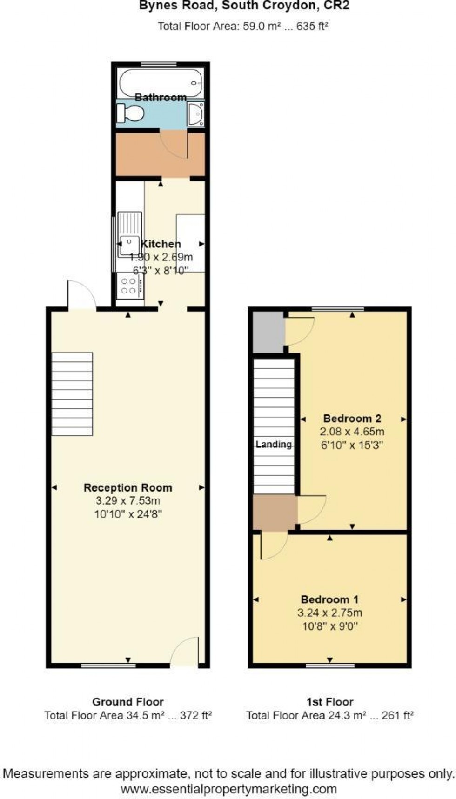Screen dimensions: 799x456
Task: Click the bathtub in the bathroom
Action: click(x=161, y=82)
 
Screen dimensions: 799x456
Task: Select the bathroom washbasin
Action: click(x=195, y=114)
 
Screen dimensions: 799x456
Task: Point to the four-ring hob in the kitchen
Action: click(x=129, y=286)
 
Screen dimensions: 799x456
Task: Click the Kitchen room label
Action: click(x=161, y=244)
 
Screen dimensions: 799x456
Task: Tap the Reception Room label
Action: click(x=128, y=487)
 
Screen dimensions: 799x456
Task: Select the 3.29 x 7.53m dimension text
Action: click(x=128, y=501)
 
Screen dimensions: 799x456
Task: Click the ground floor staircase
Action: click(x=72, y=394)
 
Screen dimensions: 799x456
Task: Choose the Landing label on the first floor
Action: click(x=274, y=444)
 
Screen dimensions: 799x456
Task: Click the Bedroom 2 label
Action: click(x=352, y=418)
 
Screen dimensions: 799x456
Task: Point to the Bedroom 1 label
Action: click(x=329, y=599)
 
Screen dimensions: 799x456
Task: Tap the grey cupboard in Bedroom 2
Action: click(x=268, y=332)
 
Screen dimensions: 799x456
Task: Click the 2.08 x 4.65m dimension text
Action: click(x=352, y=432)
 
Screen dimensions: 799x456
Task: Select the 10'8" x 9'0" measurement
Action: click(x=329, y=626)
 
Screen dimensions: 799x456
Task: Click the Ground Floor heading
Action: click(x=128, y=702)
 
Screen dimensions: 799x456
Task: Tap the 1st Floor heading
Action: click(x=329, y=702)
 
